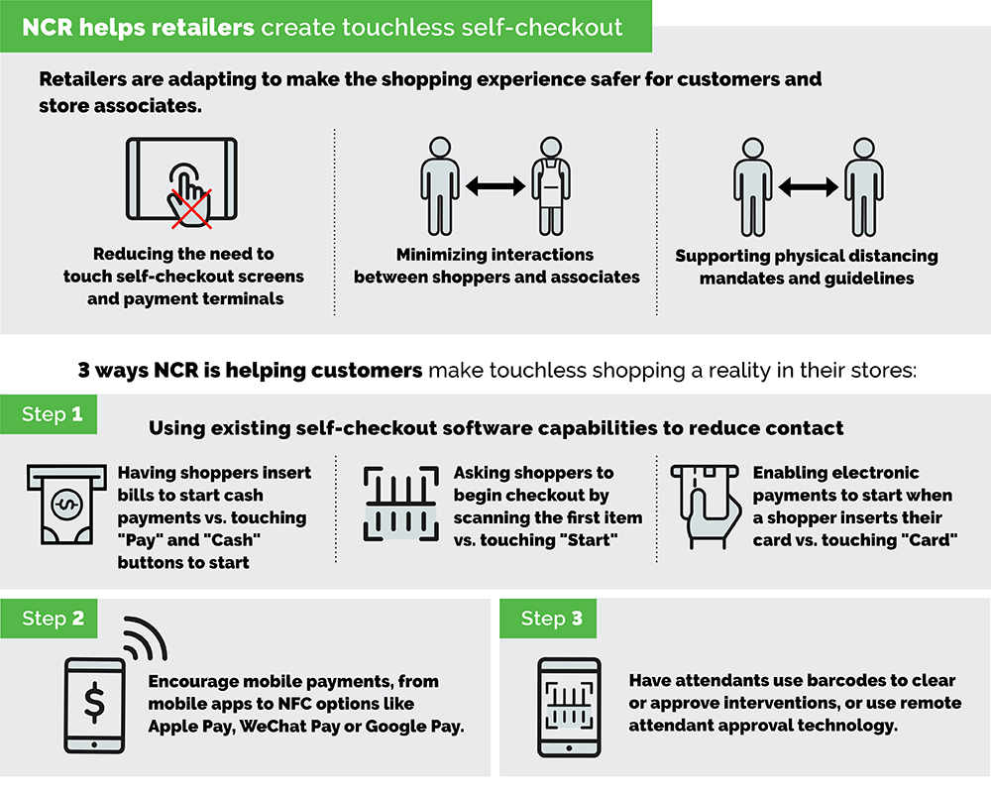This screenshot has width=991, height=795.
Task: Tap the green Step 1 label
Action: click(53, 414)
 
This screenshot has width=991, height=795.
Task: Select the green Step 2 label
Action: click(53, 619)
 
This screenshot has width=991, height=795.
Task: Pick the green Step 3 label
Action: click(552, 619)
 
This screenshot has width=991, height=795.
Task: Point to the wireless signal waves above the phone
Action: click(143, 640)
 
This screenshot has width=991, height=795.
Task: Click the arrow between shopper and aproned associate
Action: click(494, 185)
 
